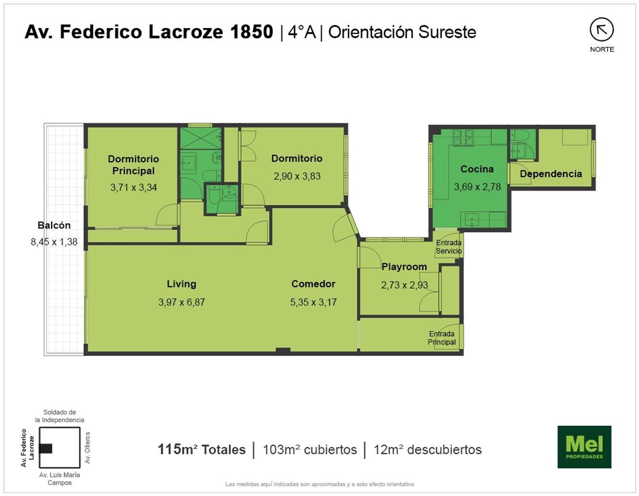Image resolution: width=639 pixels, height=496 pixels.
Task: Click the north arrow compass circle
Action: click(x=601, y=30)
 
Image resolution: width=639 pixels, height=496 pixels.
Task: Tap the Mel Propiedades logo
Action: click(x=584, y=447)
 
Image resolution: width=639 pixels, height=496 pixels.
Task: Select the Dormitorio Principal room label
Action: click(x=133, y=164)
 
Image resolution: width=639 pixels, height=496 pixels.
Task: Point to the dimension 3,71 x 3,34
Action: click(x=133, y=187)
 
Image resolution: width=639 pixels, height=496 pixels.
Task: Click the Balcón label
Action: click(x=54, y=225)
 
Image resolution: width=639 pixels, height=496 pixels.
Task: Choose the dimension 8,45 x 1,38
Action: click(x=54, y=242)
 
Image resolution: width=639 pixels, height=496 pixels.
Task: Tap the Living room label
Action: click(x=181, y=284)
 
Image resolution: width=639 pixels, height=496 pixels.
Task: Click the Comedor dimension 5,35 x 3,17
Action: click(x=313, y=302)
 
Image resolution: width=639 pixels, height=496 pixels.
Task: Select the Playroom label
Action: click(x=404, y=267)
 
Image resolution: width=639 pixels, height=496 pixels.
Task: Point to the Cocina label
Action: click(x=477, y=169)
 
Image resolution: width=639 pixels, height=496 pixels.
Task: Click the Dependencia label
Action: click(x=550, y=174)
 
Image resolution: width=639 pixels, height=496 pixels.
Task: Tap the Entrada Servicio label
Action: click(x=449, y=247)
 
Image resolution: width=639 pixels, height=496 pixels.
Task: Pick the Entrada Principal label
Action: click(x=442, y=338)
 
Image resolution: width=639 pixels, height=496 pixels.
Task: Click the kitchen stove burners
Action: click(x=463, y=138)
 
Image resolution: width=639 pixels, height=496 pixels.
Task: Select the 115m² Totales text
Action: click(x=201, y=449)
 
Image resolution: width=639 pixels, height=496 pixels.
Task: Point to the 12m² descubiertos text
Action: click(x=428, y=450)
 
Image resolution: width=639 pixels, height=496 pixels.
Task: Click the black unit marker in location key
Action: click(x=45, y=448)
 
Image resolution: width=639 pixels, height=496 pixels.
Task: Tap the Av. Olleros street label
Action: click(x=88, y=447)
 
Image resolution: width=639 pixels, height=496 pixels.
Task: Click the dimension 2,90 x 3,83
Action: click(x=297, y=176)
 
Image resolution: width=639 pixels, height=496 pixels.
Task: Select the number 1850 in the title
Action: click(x=251, y=32)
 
